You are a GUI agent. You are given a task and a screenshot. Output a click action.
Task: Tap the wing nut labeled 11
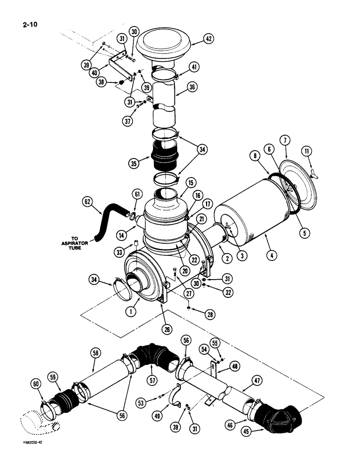[314, 173]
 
